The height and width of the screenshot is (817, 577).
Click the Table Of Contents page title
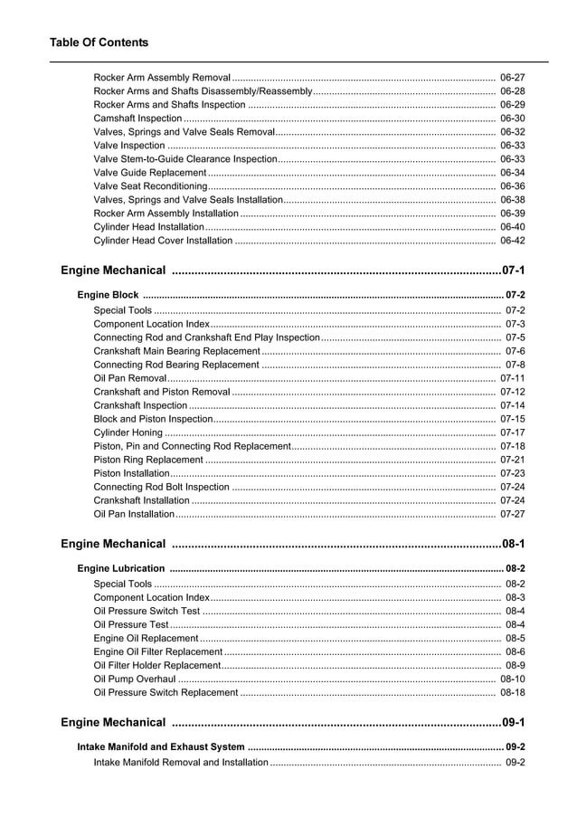[99, 43]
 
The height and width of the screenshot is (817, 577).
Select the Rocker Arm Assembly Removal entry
[162, 78]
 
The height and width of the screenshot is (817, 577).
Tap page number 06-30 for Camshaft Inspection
[512, 119]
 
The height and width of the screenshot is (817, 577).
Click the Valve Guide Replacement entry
[150, 173]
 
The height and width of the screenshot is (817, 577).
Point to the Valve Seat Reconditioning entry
[150, 186]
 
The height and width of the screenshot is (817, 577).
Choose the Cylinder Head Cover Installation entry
[163, 241]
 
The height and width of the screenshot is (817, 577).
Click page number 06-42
[512, 241]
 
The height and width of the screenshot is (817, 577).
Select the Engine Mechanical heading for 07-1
[113, 271]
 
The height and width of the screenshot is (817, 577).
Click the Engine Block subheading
[108, 295]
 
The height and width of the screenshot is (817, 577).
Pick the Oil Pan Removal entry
[129, 378]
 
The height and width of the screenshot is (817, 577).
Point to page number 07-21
[512, 460]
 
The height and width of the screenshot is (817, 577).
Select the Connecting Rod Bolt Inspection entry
[161, 487]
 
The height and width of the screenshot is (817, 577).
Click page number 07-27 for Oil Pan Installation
[512, 514]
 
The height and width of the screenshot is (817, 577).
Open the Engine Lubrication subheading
[121, 568]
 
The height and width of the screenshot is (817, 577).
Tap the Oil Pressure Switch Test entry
[147, 611]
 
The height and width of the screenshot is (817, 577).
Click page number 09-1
[513, 722]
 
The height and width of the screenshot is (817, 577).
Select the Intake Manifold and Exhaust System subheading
[161, 747]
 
